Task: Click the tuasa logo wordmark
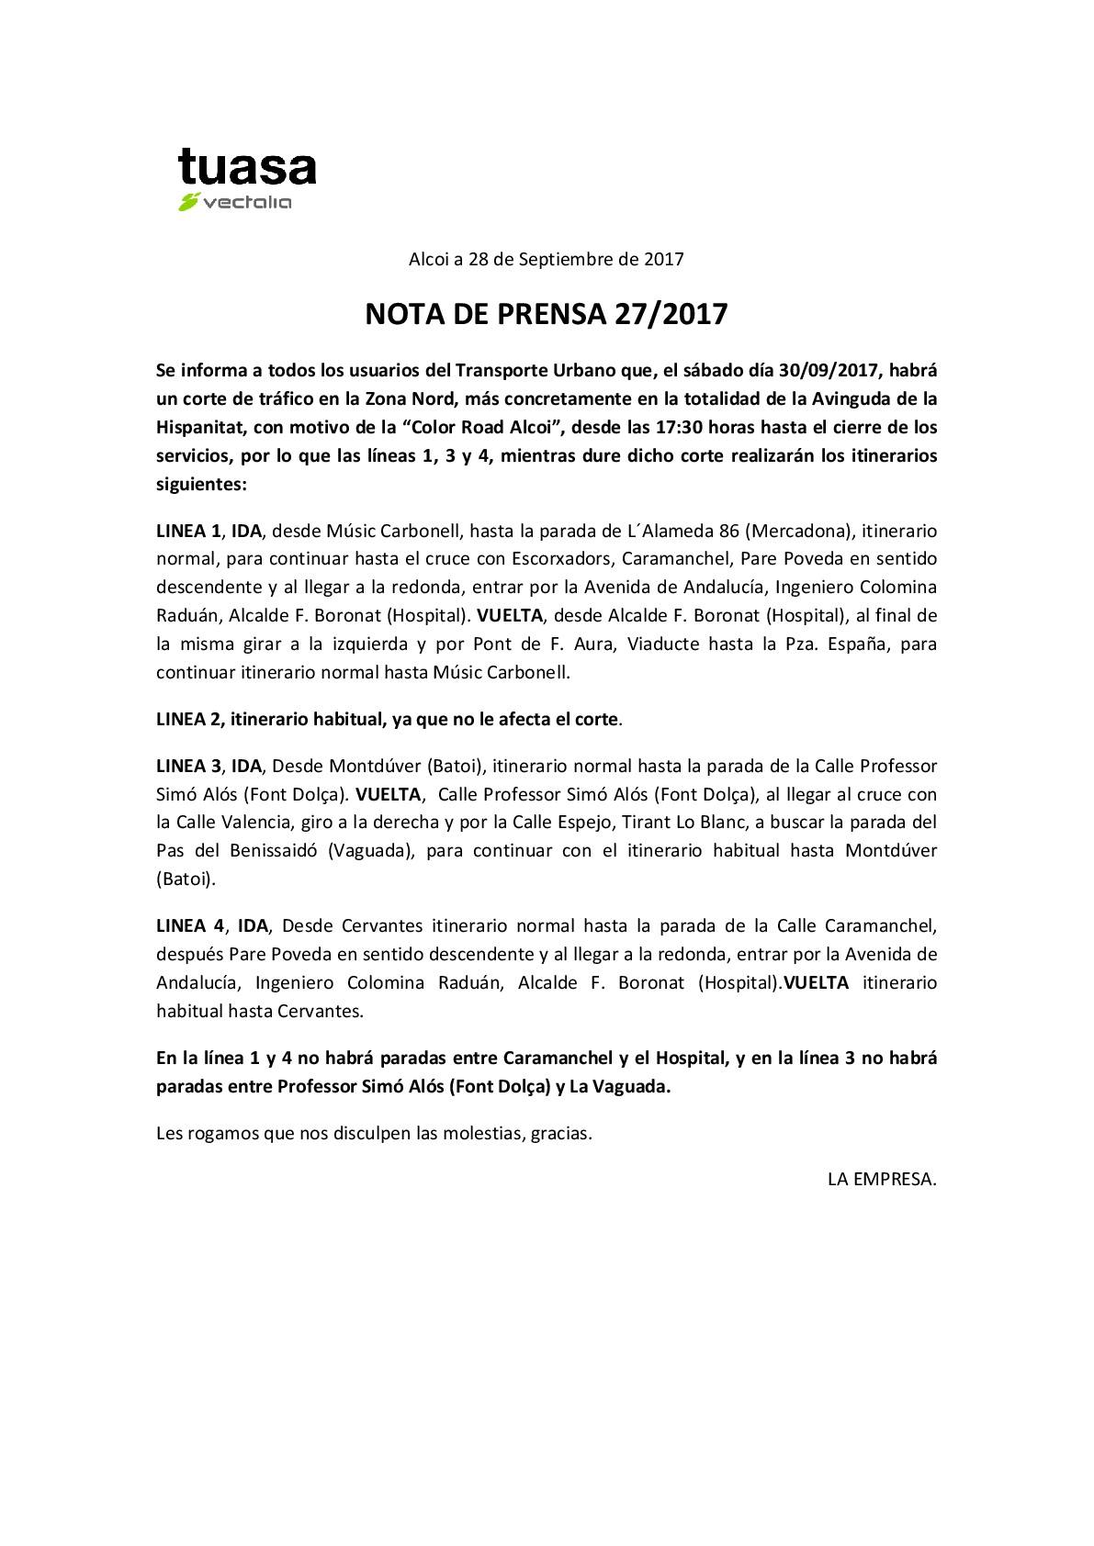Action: pos(246,169)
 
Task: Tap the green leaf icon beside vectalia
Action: pos(188,203)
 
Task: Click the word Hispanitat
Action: pos(198,427)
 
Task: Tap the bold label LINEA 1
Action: pos(188,531)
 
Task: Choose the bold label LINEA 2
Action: pos(189,719)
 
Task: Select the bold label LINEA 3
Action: pos(188,766)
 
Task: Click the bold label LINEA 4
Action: pos(189,925)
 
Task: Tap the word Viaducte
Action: pos(662,644)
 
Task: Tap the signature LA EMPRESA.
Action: pos(882,1180)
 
